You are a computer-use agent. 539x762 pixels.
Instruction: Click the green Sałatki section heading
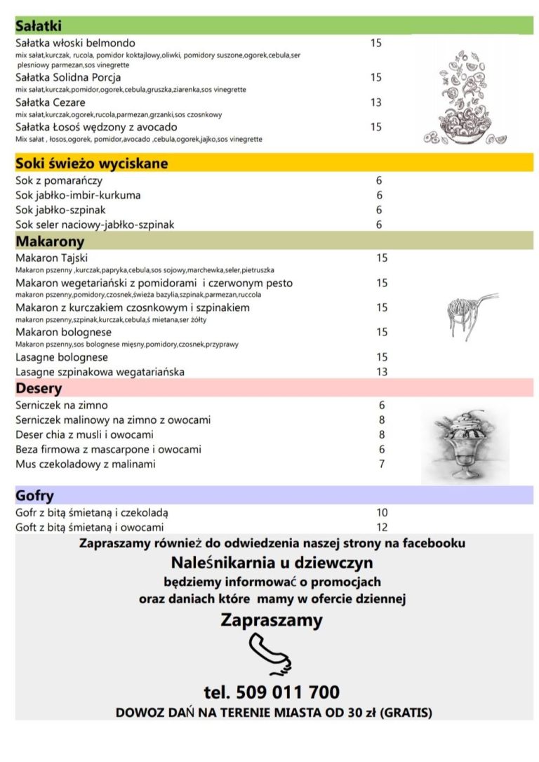click(39, 26)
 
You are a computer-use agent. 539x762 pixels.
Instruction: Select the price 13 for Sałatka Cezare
click(376, 102)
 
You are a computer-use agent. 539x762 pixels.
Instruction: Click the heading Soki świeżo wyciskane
click(92, 163)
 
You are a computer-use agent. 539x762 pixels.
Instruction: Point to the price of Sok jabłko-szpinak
click(379, 210)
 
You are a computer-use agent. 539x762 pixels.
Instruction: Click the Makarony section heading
click(50, 241)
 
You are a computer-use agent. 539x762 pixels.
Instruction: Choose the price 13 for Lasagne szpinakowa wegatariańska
click(382, 371)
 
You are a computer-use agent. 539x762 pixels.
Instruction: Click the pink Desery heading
click(39, 388)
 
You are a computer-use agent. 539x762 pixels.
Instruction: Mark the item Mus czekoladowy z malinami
click(86, 464)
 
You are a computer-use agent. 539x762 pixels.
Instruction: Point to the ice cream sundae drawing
click(465, 446)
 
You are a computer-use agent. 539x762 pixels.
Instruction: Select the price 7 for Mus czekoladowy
click(382, 464)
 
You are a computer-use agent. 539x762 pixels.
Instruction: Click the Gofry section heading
click(35, 496)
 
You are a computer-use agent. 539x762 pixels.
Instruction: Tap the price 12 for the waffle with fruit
click(382, 527)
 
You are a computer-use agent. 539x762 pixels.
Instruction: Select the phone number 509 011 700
click(272, 693)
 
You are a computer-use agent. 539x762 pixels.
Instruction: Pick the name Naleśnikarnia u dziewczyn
click(272, 563)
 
